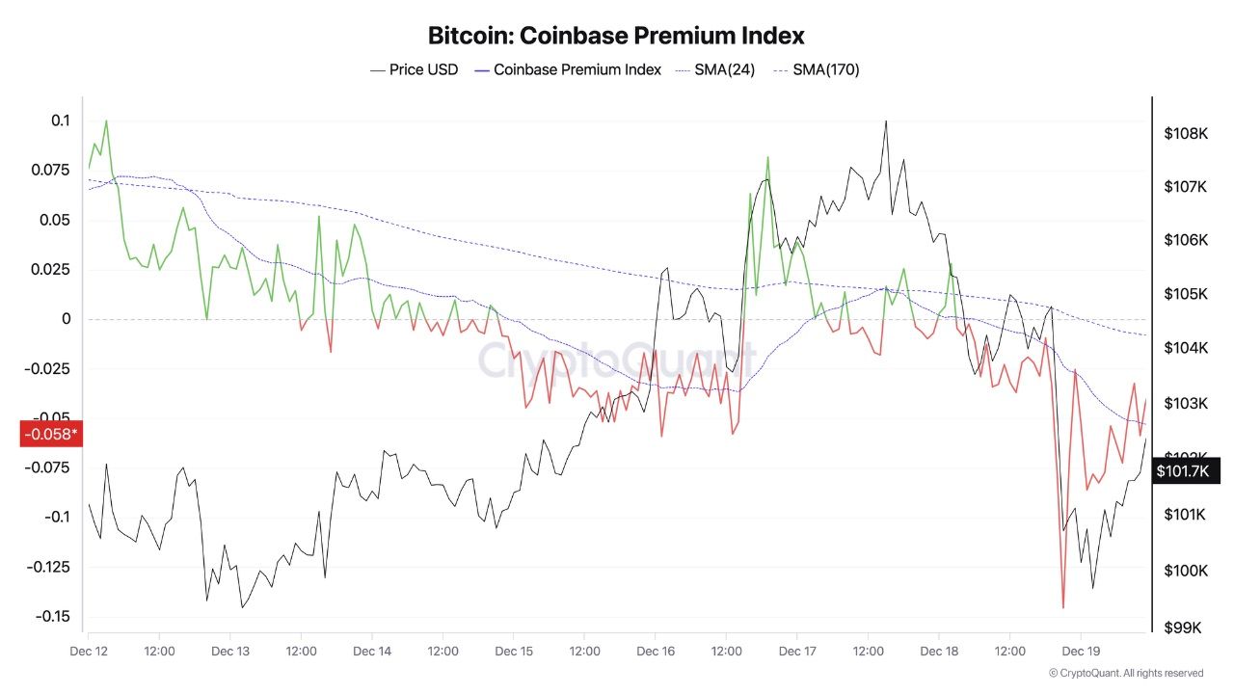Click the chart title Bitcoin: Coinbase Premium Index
point(616,36)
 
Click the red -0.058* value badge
point(50,434)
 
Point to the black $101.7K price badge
point(1182,470)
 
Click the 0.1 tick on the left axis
point(61,120)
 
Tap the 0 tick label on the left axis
point(67,319)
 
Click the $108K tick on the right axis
point(1186,134)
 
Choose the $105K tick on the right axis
point(1186,294)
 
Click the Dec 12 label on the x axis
point(88,651)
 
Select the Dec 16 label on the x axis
point(655,651)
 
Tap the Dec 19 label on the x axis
point(1080,651)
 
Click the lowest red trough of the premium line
point(1063,607)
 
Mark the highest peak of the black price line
point(885,121)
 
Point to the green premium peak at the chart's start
point(105,121)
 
